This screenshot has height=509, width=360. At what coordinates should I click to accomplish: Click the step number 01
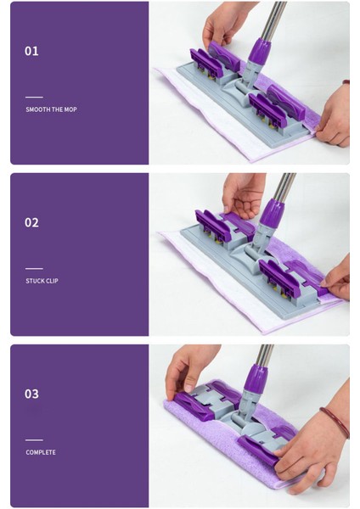click(x=31, y=51)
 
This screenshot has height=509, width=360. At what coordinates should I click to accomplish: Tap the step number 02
click(x=31, y=222)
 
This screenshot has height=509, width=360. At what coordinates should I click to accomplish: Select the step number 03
click(x=31, y=394)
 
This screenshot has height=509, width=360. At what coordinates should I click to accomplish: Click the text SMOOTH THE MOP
click(x=51, y=109)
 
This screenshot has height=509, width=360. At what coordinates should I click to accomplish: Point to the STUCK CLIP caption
click(x=42, y=281)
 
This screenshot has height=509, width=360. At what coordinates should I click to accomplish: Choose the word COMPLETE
click(x=41, y=452)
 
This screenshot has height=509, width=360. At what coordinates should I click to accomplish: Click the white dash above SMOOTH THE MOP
click(x=34, y=97)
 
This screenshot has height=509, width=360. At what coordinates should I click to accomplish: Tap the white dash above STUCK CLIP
click(x=34, y=268)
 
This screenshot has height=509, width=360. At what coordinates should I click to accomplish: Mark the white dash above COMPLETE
click(x=34, y=439)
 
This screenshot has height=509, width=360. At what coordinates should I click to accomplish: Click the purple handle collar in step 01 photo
click(x=261, y=51)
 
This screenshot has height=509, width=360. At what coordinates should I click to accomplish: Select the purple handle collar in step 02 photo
click(x=273, y=214)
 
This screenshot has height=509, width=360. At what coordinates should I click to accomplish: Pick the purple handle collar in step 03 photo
click(x=256, y=379)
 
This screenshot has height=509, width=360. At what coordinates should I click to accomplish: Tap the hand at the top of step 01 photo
click(x=224, y=23)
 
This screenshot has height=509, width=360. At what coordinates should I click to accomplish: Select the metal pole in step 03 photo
click(x=264, y=355)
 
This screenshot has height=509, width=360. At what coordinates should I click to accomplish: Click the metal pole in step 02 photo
click(x=284, y=187)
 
